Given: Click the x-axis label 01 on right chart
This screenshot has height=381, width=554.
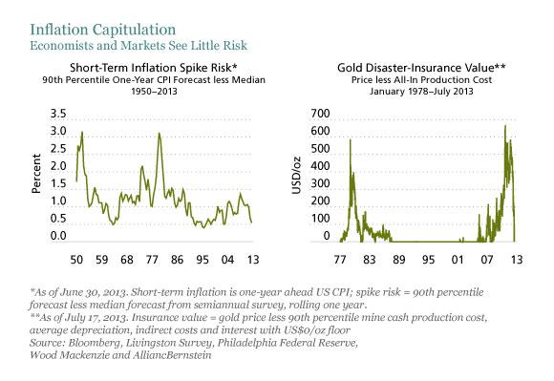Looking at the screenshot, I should point(457,259).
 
